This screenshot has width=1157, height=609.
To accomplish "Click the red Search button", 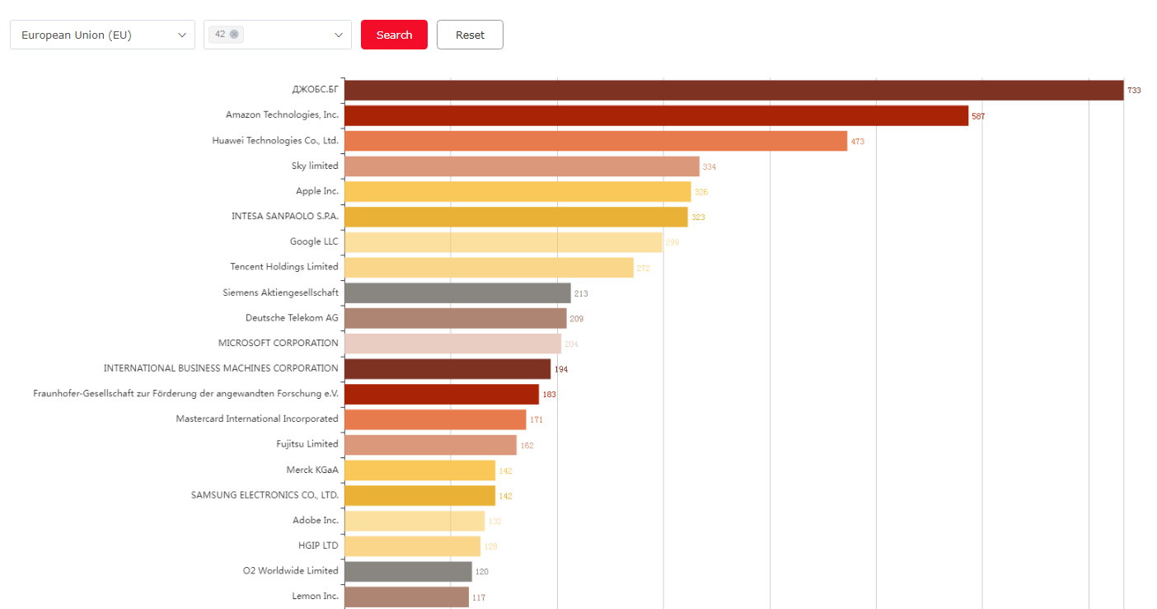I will (x=394, y=35).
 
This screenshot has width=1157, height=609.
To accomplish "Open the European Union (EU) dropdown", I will (x=102, y=35).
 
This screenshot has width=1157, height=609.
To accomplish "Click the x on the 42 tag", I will (x=234, y=34).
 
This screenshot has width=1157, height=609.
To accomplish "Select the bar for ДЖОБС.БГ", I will (x=733, y=90).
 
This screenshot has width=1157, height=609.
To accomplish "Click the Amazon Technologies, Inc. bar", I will (x=656, y=115).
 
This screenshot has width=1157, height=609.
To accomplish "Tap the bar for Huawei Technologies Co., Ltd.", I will (x=595, y=141).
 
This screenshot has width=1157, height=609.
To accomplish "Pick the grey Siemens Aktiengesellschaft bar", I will (x=457, y=293).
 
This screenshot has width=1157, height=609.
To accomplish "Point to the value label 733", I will (x=1134, y=91).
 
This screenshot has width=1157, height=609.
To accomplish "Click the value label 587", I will (x=978, y=116).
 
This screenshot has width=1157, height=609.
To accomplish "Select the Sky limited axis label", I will (x=315, y=166).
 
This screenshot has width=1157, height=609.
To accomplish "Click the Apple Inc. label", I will (x=317, y=191).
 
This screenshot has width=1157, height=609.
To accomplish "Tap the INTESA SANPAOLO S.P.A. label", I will (x=285, y=216).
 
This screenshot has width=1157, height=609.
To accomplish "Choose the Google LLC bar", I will (x=503, y=242).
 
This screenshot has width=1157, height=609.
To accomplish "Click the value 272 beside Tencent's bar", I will (x=644, y=269).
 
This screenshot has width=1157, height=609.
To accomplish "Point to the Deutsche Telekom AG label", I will (x=292, y=317).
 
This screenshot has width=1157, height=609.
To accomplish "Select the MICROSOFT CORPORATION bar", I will (x=452, y=344).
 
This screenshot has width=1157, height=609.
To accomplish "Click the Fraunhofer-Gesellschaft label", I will (x=186, y=393).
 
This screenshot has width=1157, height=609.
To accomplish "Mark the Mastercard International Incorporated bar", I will (x=435, y=419).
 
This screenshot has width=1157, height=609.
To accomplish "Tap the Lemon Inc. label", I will (x=315, y=596).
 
